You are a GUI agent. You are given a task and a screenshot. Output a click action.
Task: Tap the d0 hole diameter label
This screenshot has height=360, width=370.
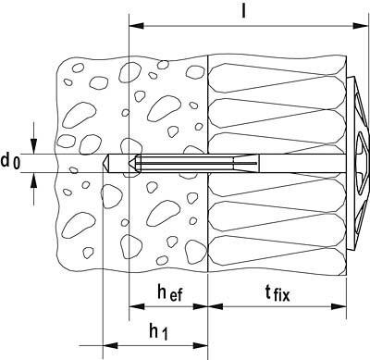tap(11, 162)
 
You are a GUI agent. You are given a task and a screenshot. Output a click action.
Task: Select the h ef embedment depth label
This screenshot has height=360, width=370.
tap(169, 293)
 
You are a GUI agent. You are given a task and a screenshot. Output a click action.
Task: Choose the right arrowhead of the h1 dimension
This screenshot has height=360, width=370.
tap(205, 345)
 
